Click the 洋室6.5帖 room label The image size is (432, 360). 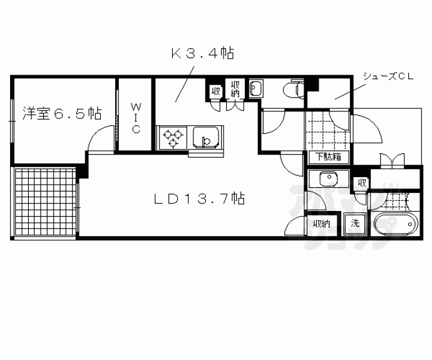click(x=62, y=113)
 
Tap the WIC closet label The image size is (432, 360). click(x=136, y=118)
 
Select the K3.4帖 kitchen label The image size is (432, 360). click(x=202, y=53)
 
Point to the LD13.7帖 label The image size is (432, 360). click(x=199, y=198)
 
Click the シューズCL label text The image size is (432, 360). click(x=388, y=76)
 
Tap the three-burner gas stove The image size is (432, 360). click(x=172, y=138)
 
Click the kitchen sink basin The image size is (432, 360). click(x=206, y=137)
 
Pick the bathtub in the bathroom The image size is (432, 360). click(x=396, y=224)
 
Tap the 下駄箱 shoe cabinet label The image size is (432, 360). click(x=329, y=157)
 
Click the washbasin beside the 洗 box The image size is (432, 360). click(x=329, y=179)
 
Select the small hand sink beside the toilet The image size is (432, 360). click(x=256, y=88)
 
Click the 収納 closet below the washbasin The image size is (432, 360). click(x=321, y=224)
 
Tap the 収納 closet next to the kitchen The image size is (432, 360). click(x=235, y=89)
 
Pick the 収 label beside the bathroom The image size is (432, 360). click(x=362, y=182)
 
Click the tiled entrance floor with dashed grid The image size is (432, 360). click(x=328, y=131)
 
